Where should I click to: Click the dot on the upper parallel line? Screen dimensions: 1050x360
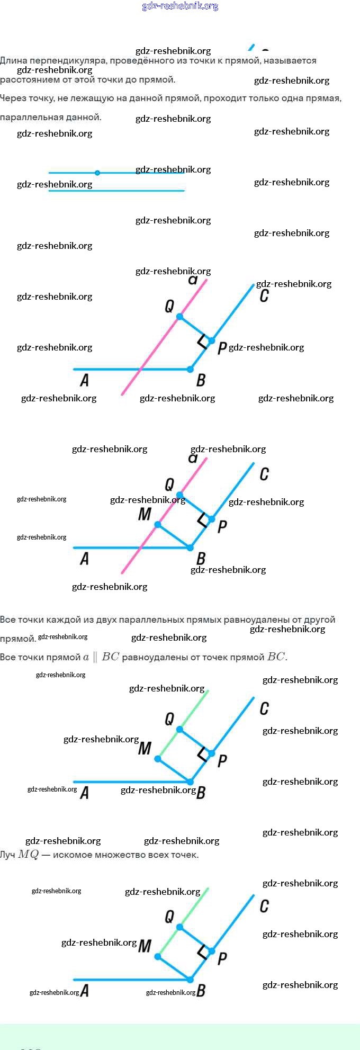tap(97, 173)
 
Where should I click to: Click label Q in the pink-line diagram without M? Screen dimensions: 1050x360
tap(169, 306)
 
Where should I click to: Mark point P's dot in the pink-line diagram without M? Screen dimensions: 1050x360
tap(212, 340)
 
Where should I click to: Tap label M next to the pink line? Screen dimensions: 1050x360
tap(145, 514)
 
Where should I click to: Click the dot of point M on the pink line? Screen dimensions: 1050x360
tap(158, 525)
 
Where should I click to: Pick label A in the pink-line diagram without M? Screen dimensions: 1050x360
tap(84, 380)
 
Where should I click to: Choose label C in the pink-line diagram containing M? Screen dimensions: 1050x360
tap(264, 474)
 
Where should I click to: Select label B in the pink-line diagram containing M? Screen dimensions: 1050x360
tap(201, 558)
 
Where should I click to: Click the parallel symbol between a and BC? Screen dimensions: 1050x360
tap(95, 657)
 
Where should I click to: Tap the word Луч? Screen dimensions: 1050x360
tap(7, 855)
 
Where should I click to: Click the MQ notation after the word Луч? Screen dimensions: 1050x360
tap(29, 855)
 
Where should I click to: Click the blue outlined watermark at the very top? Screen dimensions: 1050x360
tap(180, 6)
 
